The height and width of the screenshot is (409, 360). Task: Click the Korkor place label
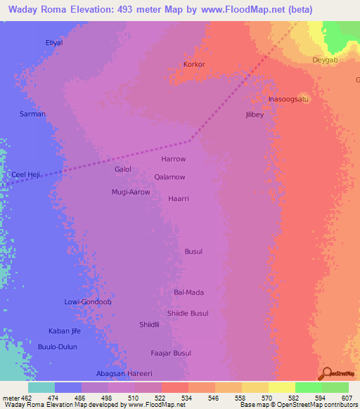pos(194,64)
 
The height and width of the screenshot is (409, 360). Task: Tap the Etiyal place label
pos(54,43)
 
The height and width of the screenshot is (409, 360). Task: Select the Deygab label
pos(326,60)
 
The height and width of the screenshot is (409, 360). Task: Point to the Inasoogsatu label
pos(289,99)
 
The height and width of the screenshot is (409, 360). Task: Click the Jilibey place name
pos(255,115)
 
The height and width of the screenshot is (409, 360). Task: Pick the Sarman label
pos(32,114)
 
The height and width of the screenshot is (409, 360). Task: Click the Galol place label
pos(123,169)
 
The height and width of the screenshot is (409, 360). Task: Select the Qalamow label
pos(170,177)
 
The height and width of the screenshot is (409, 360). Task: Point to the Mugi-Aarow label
pos(131,192)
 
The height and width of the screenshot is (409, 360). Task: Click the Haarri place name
pos(179,199)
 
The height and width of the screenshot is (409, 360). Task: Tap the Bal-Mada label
pos(188,292)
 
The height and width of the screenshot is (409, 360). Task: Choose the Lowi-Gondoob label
pos(88,301)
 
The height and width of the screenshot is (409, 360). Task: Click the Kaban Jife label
pos(65,331)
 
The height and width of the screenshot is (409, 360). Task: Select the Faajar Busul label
pos(171,353)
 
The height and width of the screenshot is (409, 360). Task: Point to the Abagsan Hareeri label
pos(124,373)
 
